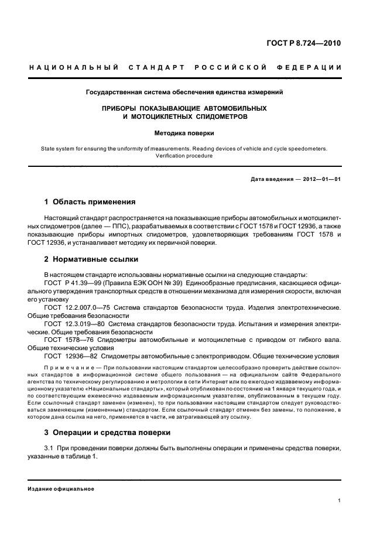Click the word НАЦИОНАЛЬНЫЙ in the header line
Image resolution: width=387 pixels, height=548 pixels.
click(x=74, y=67)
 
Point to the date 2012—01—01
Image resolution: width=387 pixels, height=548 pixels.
click(x=317, y=179)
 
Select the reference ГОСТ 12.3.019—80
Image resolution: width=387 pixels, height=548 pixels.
click(x=74, y=323)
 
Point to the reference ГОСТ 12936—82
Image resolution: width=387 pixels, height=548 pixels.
click(x=71, y=356)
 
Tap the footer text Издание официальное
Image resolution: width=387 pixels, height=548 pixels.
click(x=61, y=489)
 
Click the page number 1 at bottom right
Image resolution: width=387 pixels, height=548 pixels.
click(x=340, y=501)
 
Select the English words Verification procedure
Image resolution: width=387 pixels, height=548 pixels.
click(x=184, y=156)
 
